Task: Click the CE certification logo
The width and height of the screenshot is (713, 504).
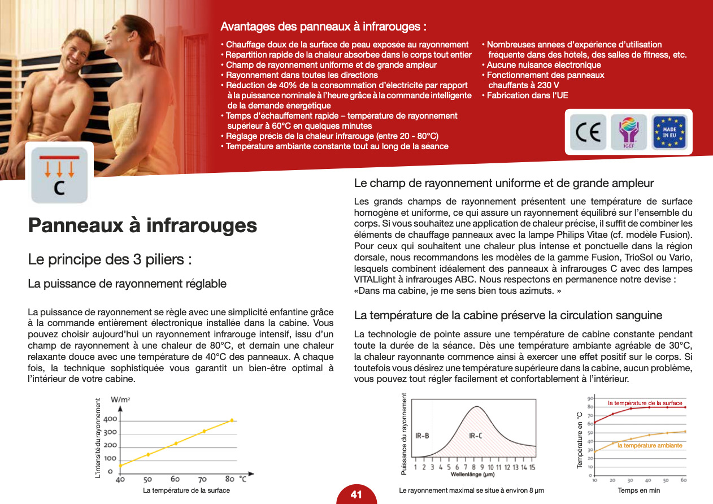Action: point(588,132)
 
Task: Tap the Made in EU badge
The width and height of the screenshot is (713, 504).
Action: point(669,132)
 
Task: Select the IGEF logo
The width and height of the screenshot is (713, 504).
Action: point(629,132)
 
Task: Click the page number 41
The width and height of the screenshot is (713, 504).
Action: point(356,495)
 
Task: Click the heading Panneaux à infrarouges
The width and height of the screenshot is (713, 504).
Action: point(142,225)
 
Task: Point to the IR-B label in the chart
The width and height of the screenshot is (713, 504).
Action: point(422,436)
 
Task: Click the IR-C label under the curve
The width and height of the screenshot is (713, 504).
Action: point(475,436)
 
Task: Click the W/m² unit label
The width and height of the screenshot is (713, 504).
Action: point(121,399)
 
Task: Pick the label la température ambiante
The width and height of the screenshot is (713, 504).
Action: point(650,446)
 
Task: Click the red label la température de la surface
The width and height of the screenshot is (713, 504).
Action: point(645,403)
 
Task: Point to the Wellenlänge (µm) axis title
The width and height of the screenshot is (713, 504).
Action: point(473,474)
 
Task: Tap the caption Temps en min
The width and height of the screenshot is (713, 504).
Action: point(639,490)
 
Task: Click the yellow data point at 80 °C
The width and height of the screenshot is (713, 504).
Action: point(232,420)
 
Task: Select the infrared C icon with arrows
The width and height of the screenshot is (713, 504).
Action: point(59,175)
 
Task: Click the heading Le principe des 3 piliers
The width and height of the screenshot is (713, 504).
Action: point(110,260)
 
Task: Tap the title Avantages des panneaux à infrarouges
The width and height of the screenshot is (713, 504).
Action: point(323,27)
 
